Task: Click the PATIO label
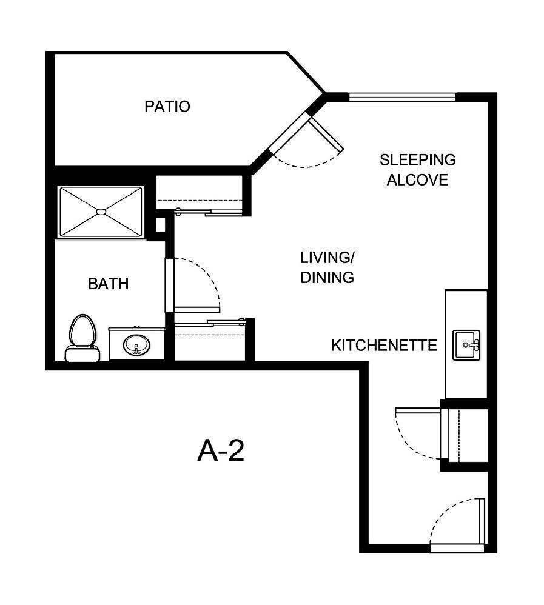click(x=167, y=107)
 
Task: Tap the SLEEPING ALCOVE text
click(x=417, y=170)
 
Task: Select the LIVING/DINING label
click(x=327, y=267)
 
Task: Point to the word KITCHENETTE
click(x=384, y=346)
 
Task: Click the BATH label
click(x=109, y=284)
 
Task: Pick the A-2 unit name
click(x=221, y=451)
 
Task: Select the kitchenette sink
click(x=466, y=344)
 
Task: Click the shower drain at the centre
click(x=101, y=212)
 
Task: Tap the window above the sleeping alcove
click(x=401, y=96)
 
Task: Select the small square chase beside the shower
click(x=160, y=225)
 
